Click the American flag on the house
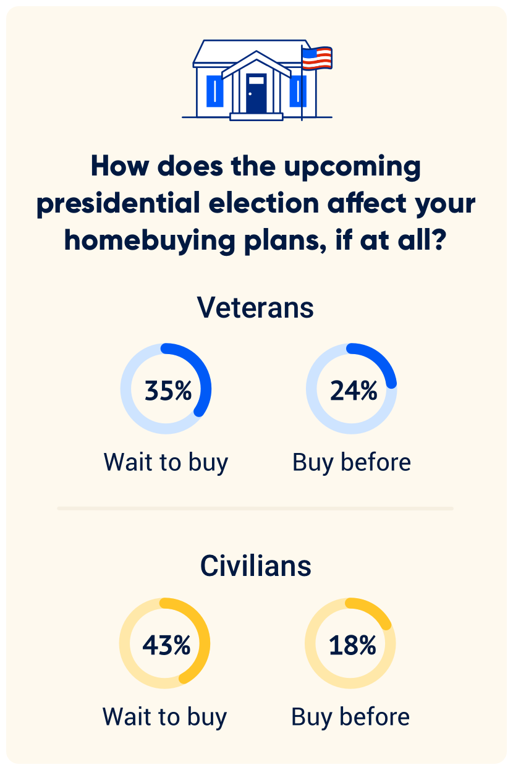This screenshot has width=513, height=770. click(316, 58)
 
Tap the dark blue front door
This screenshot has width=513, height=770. click(256, 93)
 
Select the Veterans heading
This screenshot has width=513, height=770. click(256, 307)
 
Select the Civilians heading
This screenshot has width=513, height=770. click(256, 566)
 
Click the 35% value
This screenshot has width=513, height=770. click(167, 391)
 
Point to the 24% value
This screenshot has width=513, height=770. click(354, 391)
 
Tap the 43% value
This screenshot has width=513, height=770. click(166, 645)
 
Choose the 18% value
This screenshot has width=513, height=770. click(352, 645)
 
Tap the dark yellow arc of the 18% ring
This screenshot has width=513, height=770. click(375, 611)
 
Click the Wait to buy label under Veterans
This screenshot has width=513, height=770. click(166, 462)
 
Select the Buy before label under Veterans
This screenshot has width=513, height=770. click(352, 462)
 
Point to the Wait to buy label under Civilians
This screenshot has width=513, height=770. click(164, 717)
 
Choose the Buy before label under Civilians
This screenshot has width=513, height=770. click(350, 717)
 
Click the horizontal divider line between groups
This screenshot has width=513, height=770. click(255, 509)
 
